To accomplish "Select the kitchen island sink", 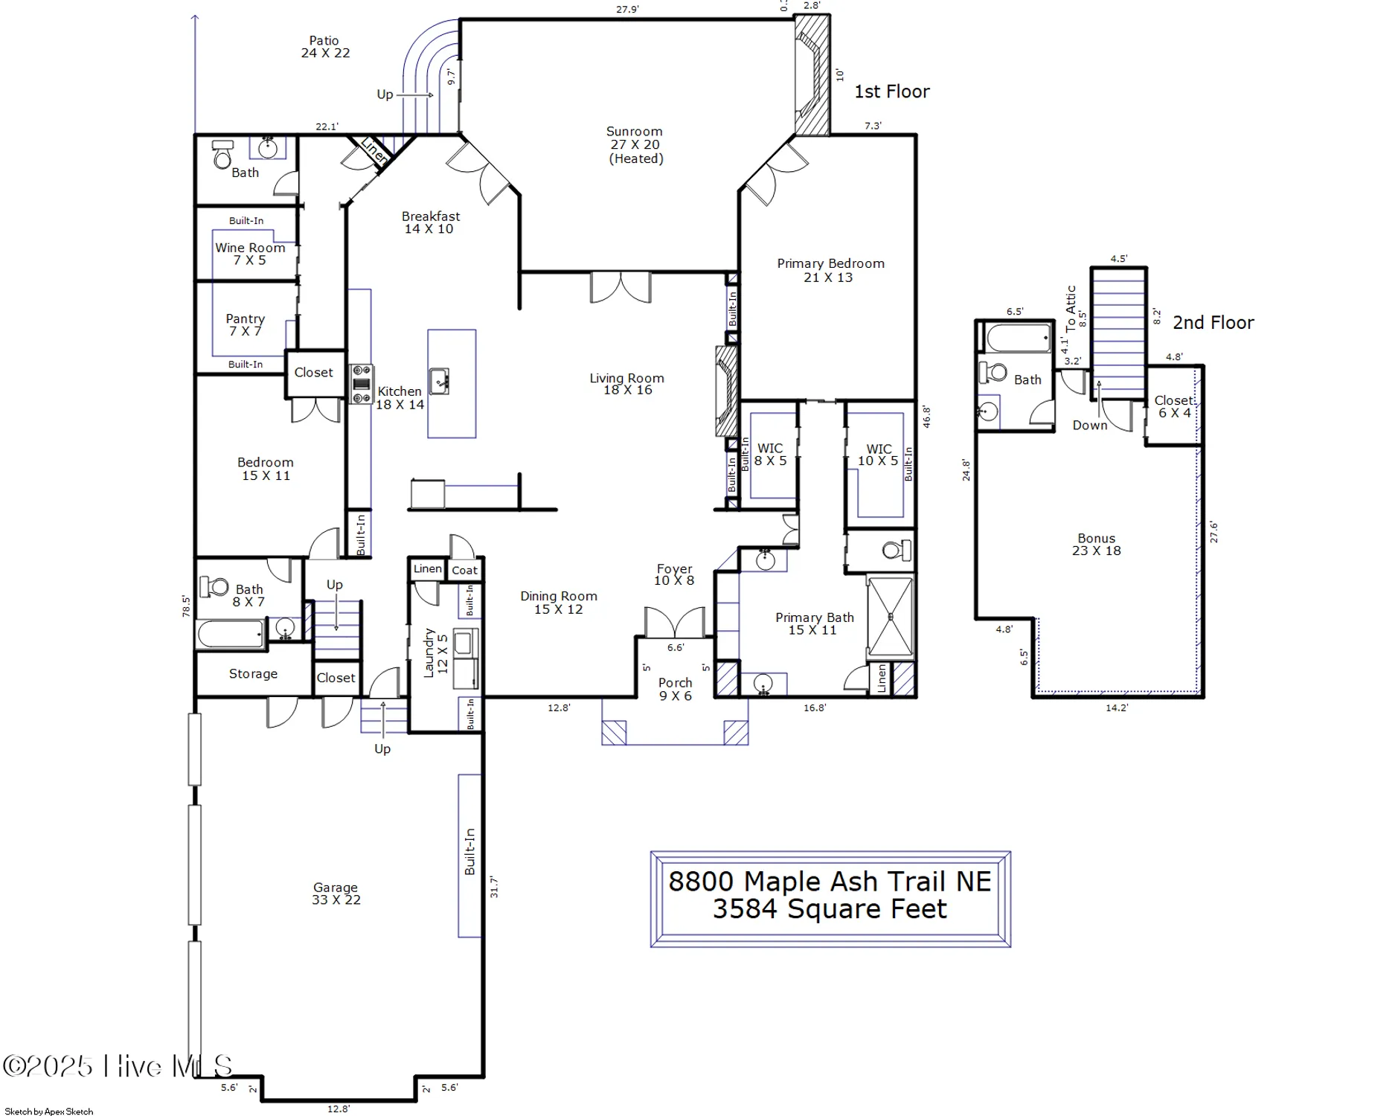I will click(439, 380).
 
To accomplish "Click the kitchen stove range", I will click(362, 384).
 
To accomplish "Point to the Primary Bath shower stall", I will click(891, 616).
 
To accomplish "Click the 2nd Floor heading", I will click(1213, 322).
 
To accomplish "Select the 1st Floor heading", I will click(891, 92).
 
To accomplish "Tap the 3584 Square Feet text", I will click(830, 909).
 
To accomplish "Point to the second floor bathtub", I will click(1018, 339).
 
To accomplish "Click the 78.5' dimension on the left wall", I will click(186, 606).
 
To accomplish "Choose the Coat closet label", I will click(464, 570).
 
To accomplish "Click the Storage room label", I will click(253, 673).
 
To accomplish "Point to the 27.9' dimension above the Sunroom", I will click(627, 10).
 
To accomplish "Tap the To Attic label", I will click(1071, 308).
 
